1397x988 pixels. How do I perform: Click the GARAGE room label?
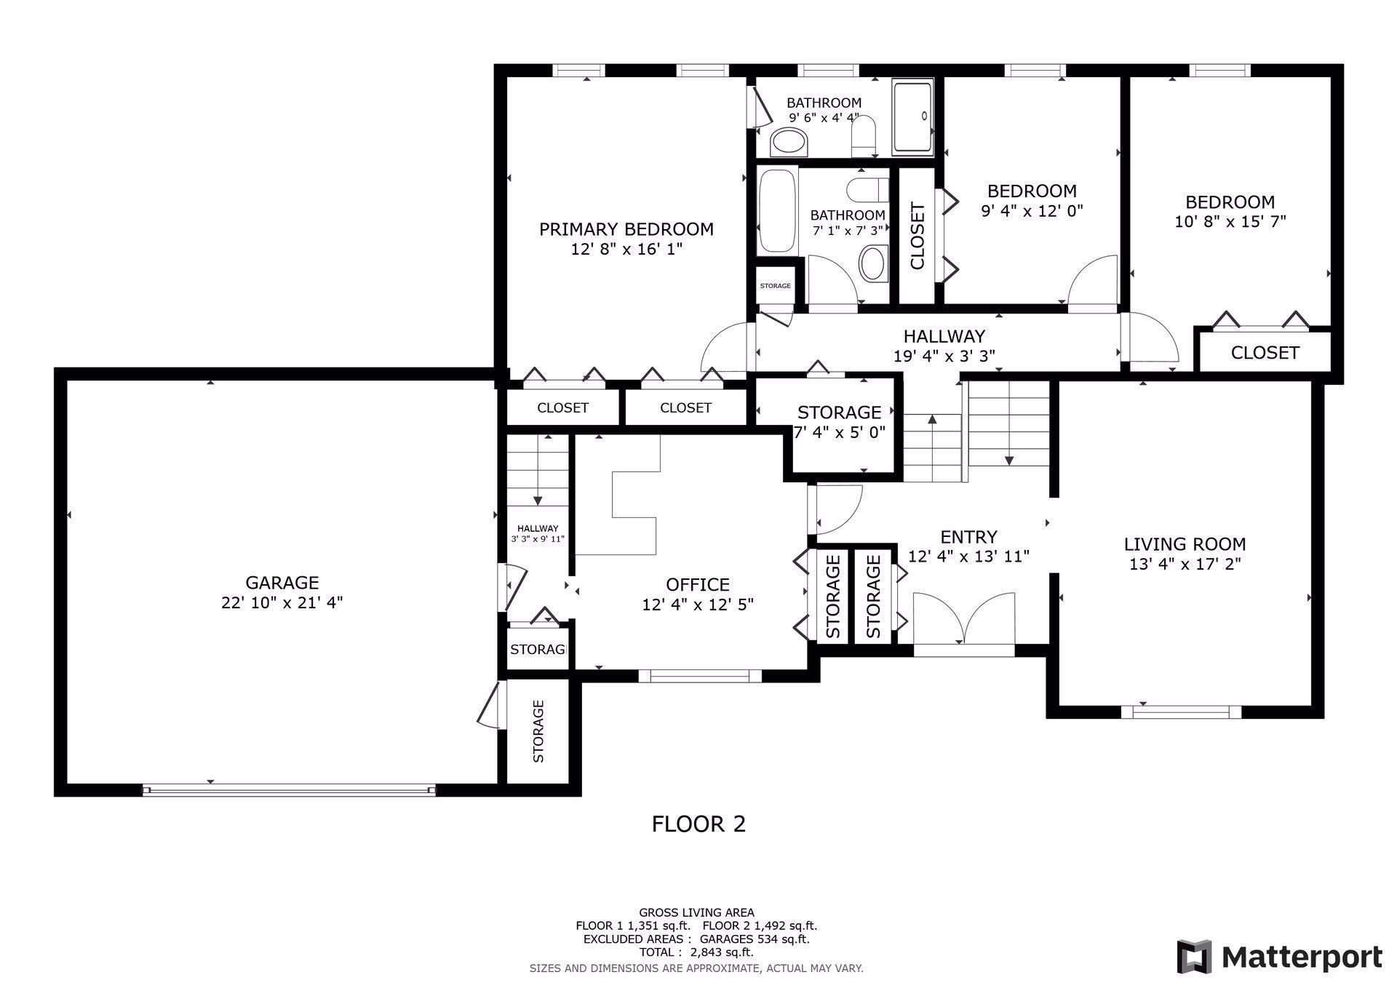[282, 583]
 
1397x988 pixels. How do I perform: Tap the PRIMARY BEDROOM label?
[626, 229]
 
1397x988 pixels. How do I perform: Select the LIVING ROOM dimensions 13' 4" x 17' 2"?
[1185, 564]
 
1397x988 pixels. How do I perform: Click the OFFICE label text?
[698, 585]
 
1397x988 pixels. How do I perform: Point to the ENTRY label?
[968, 537]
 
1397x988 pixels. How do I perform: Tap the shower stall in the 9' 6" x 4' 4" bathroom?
[912, 119]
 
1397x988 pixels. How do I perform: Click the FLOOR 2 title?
[698, 824]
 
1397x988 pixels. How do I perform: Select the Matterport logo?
[1280, 957]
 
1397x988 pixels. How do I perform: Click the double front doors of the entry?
[964, 619]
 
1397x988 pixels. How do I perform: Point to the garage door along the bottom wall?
[289, 790]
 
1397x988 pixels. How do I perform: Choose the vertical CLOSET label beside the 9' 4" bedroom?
[917, 236]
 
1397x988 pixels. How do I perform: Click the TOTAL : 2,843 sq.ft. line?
[696, 952]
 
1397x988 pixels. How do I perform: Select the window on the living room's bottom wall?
[1181, 712]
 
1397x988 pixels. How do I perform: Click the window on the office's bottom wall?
[700, 676]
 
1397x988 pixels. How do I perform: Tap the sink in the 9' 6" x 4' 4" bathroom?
[789, 143]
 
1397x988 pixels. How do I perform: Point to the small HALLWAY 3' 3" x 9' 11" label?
[538, 534]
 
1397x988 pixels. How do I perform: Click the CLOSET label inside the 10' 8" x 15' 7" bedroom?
[1265, 353]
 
